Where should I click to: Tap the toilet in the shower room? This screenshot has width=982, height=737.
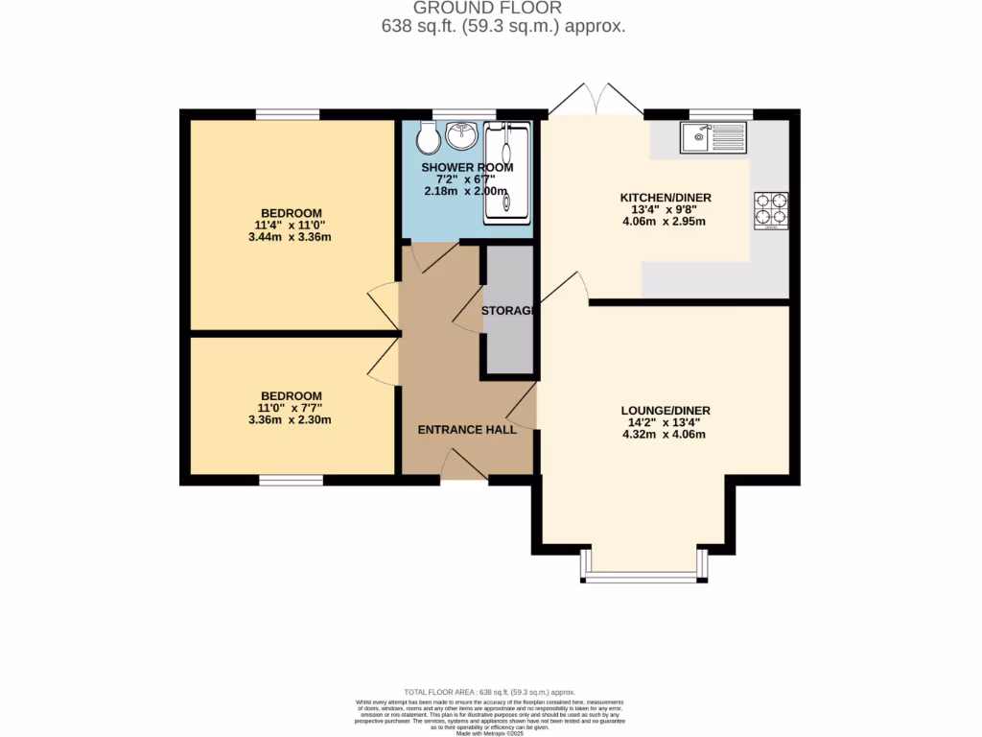pos(428,140)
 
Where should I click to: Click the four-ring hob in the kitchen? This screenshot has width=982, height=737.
pos(771,211)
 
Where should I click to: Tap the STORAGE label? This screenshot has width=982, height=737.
pos(507,311)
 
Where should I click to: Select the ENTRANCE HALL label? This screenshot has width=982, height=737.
pos(467,429)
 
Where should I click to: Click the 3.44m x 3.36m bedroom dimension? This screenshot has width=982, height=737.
pos(290,237)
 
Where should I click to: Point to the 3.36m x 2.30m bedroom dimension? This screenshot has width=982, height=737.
pos(290,419)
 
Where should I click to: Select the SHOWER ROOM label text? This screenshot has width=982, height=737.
pos(468,167)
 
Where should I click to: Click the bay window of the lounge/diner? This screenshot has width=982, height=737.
pos(643,577)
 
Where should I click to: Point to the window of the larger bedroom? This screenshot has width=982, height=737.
pos(288,114)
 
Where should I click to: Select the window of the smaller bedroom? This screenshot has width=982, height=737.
pos(291,479)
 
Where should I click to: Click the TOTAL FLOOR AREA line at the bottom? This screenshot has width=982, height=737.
pos(489,692)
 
